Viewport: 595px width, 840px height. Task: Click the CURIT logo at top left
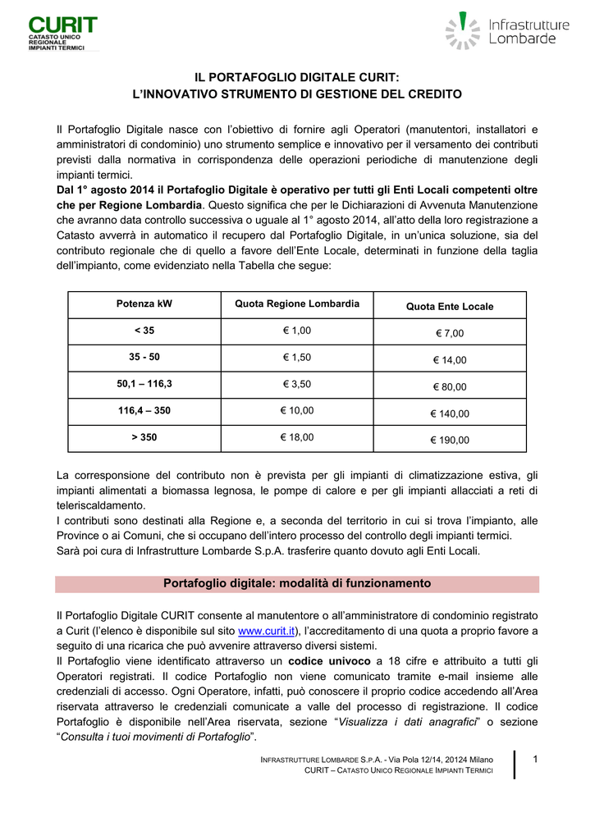click(62, 32)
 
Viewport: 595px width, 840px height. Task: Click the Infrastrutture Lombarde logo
click(507, 31)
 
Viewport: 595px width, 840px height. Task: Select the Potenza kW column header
click(144, 304)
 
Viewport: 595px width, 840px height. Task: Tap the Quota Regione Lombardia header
click(297, 304)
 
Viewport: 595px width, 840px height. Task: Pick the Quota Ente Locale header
click(450, 307)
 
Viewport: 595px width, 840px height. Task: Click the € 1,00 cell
click(297, 331)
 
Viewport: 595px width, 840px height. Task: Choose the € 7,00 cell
click(450, 333)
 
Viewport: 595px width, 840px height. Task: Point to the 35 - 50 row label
click(144, 358)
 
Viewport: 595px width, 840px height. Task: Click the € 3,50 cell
click(297, 384)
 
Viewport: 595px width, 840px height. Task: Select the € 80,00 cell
click(450, 386)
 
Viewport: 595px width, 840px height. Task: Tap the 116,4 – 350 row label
click(144, 411)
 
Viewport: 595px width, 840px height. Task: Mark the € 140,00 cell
click(450, 413)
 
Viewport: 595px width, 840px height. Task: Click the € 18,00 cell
click(297, 437)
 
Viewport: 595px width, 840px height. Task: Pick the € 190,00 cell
click(450, 440)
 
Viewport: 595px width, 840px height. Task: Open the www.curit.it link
click(266, 631)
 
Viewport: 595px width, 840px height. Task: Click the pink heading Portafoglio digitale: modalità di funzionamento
click(297, 584)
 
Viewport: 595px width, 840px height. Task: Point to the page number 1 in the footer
click(534, 759)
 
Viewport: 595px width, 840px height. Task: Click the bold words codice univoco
click(328, 660)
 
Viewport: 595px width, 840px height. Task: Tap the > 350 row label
click(144, 437)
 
